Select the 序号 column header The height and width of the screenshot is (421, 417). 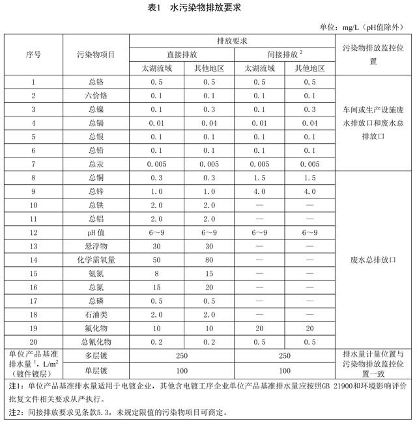pos(33,54)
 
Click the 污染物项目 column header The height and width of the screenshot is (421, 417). pos(96,54)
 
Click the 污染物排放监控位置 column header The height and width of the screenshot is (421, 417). pos(373,54)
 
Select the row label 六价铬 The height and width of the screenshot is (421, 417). pos(96,96)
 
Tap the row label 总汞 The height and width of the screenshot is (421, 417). pos(96,164)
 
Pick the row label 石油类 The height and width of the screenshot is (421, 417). pos(96,314)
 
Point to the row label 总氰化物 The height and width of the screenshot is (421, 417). pos(96,342)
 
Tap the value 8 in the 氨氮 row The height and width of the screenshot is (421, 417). pos(157,273)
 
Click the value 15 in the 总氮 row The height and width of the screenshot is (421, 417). pos(157,287)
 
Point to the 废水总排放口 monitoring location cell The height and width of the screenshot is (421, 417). pos(373,260)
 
